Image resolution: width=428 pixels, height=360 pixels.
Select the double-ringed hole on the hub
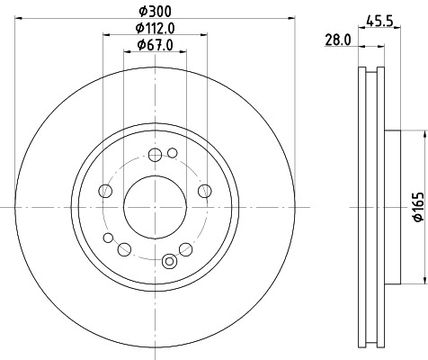click(168, 261)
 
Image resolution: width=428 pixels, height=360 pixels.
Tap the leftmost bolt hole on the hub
click(105, 191)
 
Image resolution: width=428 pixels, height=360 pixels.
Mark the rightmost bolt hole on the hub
click(204, 190)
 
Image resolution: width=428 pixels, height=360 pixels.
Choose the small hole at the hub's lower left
click(109, 238)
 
